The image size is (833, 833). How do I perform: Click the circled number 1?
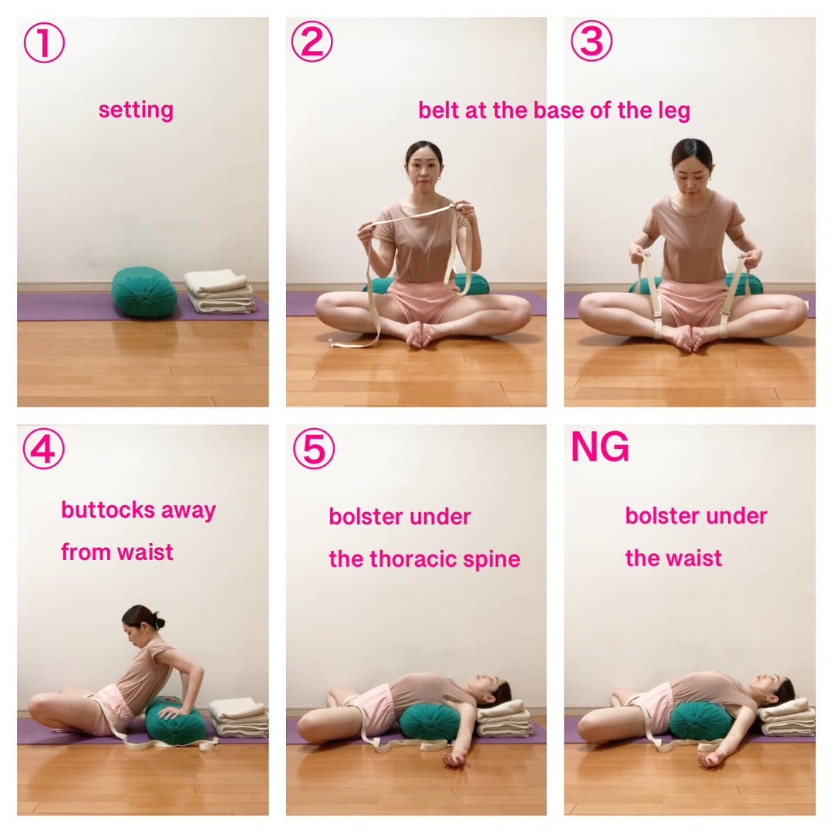coord(44,42)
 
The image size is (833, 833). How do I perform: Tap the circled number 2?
coord(312,42)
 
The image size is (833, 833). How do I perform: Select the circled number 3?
coord(592,41)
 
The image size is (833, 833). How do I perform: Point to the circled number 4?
coord(43,449)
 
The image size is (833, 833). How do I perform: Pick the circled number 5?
coord(314,449)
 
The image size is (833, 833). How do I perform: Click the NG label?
coord(600,447)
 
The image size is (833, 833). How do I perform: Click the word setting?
coord(136,110)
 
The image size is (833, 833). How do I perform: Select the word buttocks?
coord(109,510)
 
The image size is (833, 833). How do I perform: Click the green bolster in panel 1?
coord(144,293)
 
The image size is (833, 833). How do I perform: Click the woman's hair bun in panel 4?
coord(158,622)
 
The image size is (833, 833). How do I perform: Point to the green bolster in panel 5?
coord(430,721)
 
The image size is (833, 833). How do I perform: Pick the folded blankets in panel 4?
coord(239,717)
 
